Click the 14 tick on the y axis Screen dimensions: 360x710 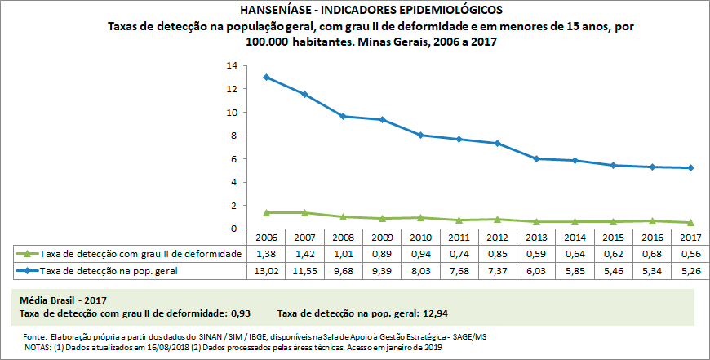(232, 65)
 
